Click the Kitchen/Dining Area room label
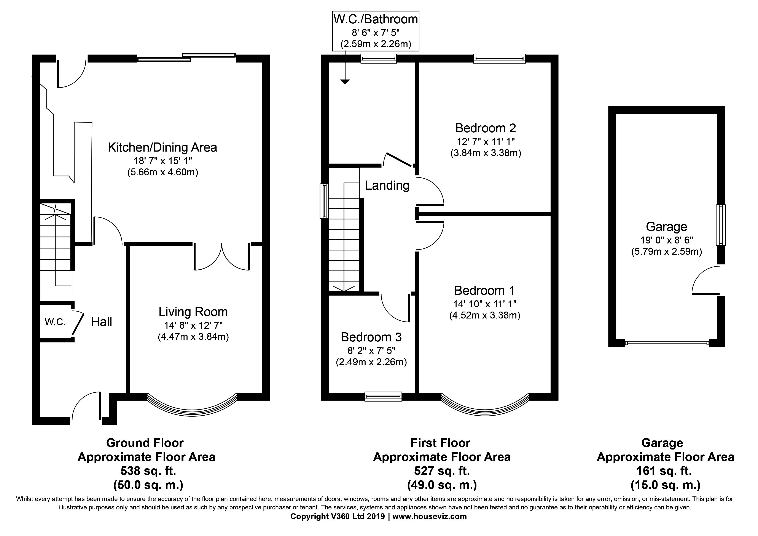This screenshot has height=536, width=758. click(x=162, y=147)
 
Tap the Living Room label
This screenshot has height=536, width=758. click(x=193, y=312)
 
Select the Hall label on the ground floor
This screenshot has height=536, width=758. click(x=101, y=322)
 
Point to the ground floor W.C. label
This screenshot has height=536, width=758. click(x=55, y=322)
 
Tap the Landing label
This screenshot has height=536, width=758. click(x=387, y=185)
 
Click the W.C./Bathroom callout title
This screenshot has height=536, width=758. click(x=375, y=19)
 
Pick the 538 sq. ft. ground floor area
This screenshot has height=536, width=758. click(x=148, y=471)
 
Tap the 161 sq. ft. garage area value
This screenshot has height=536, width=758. click(x=664, y=471)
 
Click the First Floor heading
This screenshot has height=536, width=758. click(x=440, y=443)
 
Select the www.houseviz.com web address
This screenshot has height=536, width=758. click(x=430, y=516)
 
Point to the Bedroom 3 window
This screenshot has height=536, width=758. click(x=383, y=396)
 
